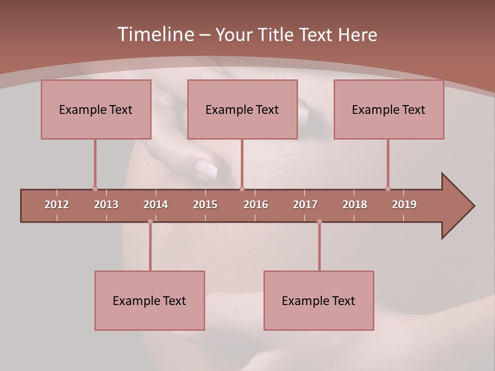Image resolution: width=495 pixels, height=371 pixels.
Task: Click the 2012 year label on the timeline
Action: click(57, 205)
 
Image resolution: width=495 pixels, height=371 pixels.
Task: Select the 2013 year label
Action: click(106, 205)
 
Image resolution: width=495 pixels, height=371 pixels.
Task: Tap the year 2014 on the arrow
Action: click(156, 205)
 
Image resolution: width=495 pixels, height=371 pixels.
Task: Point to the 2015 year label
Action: click(205, 205)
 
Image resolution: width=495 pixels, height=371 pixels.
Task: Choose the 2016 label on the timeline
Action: click(256, 205)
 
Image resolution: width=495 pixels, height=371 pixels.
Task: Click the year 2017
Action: click(305, 205)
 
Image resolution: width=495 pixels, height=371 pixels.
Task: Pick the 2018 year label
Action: click(355, 205)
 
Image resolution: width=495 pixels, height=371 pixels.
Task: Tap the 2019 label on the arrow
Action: click(404, 205)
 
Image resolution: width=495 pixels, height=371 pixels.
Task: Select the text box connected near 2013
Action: click(96, 109)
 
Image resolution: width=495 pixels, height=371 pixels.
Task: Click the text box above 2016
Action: click(242, 109)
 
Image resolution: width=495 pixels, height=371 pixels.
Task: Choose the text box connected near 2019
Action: click(389, 109)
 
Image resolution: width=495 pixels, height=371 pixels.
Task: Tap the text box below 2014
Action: click(150, 300)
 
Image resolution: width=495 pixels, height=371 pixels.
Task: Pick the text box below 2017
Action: click(319, 300)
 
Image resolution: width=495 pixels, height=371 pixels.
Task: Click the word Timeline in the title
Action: click(155, 35)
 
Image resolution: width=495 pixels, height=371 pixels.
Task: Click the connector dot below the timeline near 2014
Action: click(150, 222)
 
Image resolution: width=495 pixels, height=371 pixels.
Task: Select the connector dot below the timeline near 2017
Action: click(319, 222)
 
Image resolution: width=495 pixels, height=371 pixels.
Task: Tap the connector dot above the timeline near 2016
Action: click(242, 189)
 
